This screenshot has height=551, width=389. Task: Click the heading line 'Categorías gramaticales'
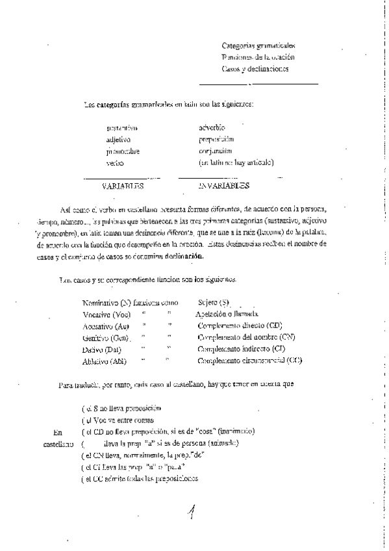(258, 46)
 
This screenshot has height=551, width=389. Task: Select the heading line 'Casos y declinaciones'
(255, 68)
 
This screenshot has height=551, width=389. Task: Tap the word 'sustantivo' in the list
(121, 128)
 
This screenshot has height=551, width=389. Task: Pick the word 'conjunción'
(217, 150)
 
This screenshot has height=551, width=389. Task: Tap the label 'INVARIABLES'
(223, 186)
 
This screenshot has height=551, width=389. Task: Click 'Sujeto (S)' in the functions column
(214, 303)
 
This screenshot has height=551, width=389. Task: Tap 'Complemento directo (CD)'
(240, 326)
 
